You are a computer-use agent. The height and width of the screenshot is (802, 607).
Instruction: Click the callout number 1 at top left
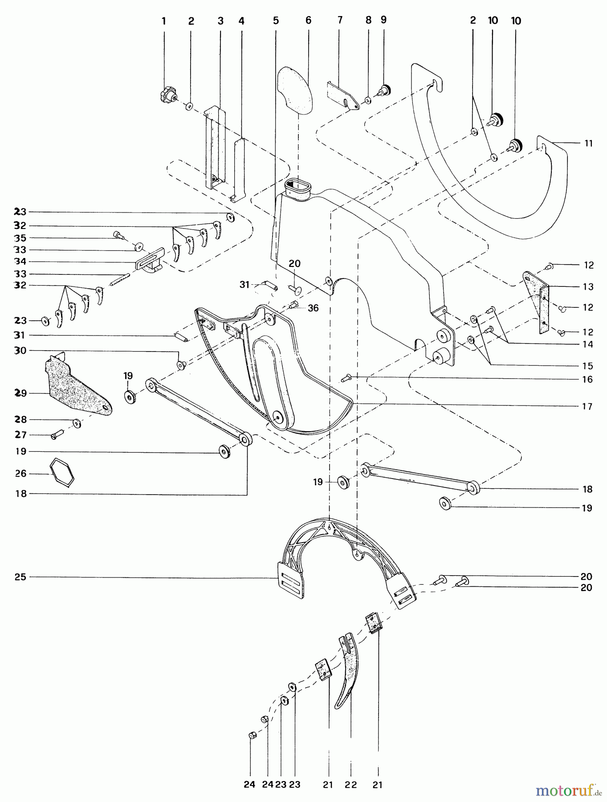pyautogui.click(x=164, y=20)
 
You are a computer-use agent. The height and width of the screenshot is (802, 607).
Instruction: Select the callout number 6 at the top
pyautogui.click(x=308, y=20)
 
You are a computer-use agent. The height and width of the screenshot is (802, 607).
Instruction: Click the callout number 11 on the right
pyautogui.click(x=589, y=143)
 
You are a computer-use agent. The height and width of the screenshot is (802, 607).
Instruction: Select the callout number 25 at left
pyautogui.click(x=21, y=577)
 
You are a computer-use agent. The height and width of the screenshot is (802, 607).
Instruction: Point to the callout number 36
pyautogui.click(x=313, y=308)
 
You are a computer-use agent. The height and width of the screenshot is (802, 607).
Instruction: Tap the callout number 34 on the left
pyautogui.click(x=21, y=261)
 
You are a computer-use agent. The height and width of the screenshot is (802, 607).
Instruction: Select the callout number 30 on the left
pyautogui.click(x=21, y=351)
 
